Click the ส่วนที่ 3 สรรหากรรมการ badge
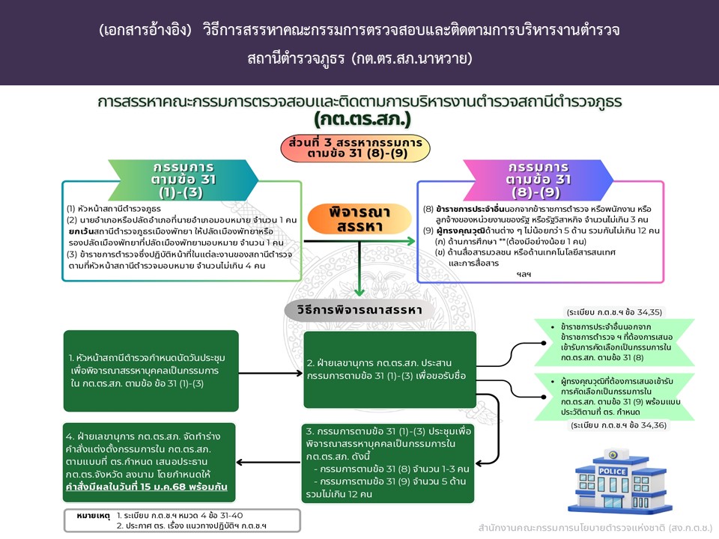coord(354,148)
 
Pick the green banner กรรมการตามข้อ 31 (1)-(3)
coord(182,180)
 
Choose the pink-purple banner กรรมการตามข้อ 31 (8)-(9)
coord(539,180)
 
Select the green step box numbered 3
coord(389,464)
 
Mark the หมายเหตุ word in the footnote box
coord(94,516)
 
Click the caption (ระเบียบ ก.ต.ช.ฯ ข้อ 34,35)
coord(614,311)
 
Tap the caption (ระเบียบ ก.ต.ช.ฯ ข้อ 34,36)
coord(619,425)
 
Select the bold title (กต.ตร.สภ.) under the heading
coord(362,119)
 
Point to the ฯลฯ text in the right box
coord(522,275)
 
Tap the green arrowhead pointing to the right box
coord(410,241)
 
